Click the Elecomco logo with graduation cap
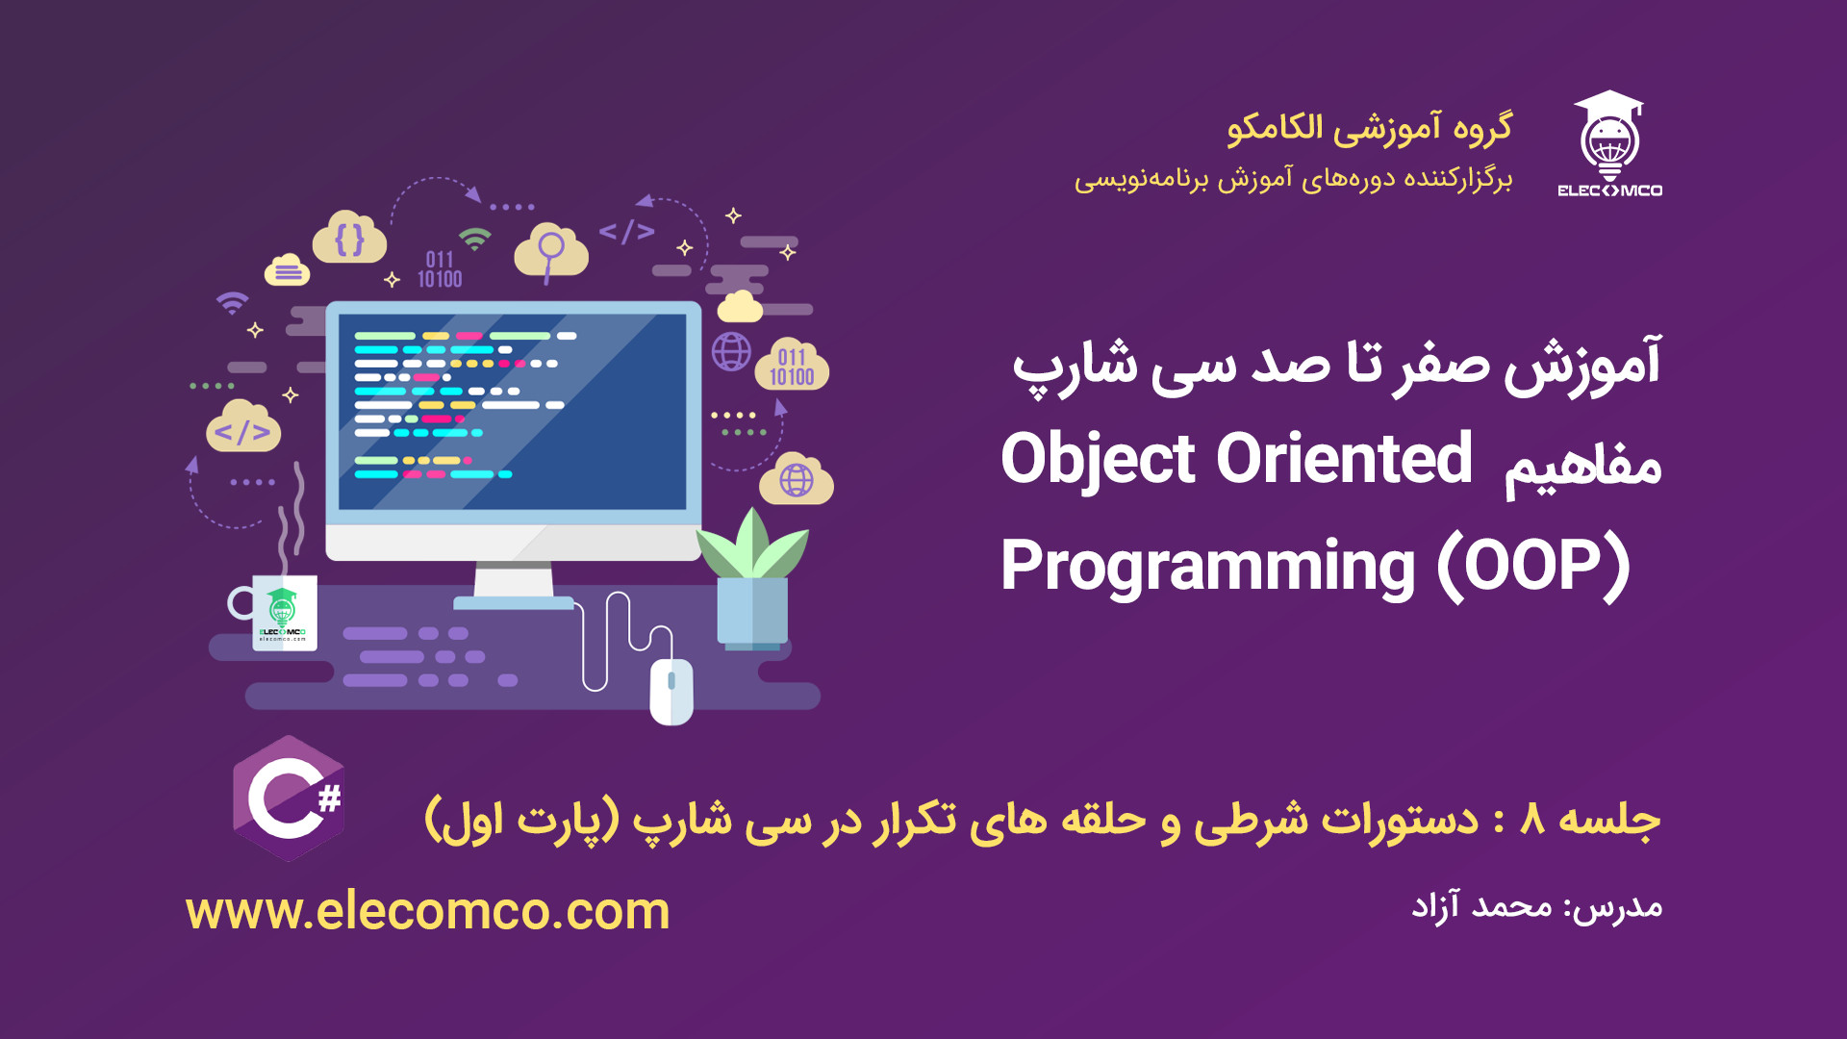tap(1609, 143)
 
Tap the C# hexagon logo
tap(289, 798)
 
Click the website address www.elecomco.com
tap(428, 910)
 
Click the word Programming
tap(1208, 568)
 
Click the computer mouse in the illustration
tap(671, 691)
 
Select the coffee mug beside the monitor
tap(275, 612)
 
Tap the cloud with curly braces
tap(350, 238)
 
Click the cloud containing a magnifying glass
tap(551, 252)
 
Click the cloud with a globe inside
tap(797, 479)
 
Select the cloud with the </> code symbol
tap(243, 427)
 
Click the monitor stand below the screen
tap(514, 586)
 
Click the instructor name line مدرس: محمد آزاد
tap(1536, 906)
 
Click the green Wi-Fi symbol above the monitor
tap(474, 239)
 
